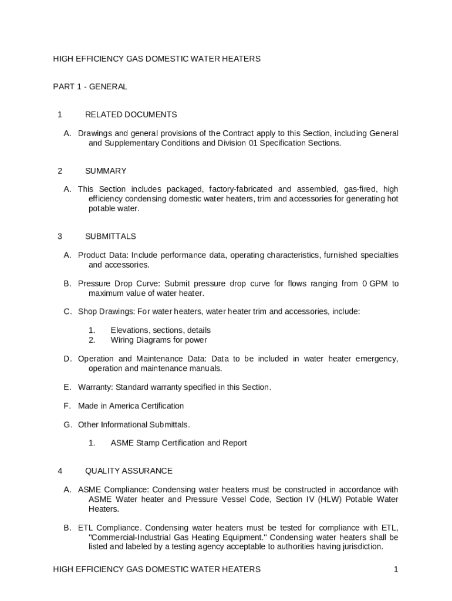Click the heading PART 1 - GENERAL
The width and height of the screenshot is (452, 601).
click(90, 87)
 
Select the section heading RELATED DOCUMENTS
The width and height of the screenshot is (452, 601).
click(131, 114)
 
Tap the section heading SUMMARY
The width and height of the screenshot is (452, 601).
click(106, 171)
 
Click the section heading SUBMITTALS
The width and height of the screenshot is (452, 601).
click(110, 237)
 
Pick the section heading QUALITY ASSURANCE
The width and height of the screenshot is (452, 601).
click(129, 471)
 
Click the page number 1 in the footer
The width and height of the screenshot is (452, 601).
click(396, 569)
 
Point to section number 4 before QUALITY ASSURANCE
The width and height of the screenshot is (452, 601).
click(60, 471)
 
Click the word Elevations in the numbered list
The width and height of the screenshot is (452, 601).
click(130, 330)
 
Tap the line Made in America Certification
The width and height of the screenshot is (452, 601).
click(131, 406)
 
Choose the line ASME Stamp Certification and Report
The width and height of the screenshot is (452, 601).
click(178, 443)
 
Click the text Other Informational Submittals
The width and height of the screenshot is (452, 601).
click(134, 424)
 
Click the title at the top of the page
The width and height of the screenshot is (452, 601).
click(157, 59)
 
